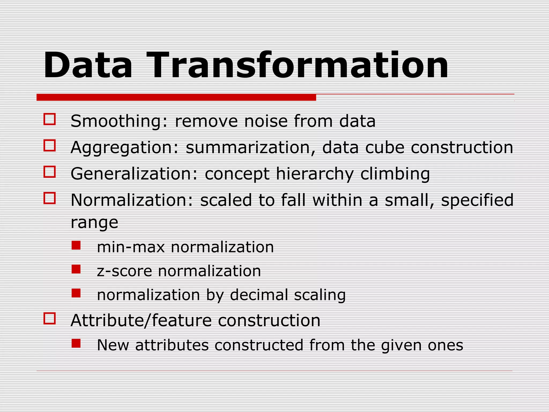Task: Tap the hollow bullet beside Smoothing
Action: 50,119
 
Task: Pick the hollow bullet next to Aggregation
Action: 50,145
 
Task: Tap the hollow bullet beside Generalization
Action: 50,172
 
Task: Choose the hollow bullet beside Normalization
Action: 50,198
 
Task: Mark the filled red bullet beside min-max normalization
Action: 76,245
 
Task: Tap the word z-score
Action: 124,271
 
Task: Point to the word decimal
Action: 259,295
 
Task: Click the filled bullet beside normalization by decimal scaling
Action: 76,293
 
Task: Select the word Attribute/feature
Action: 141,321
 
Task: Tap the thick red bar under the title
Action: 176,97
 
